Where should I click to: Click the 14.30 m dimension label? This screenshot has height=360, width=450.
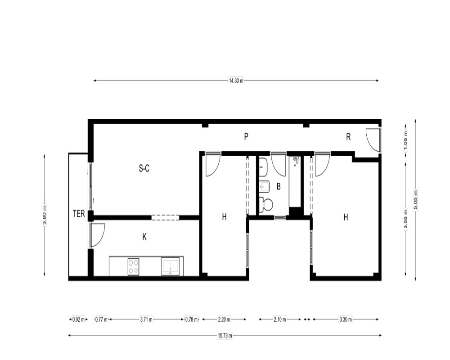click(x=236, y=81)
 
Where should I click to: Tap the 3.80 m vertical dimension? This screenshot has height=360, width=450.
click(x=44, y=215)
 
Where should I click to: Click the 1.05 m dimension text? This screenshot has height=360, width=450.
click(x=405, y=140)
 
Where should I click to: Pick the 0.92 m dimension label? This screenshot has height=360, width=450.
click(x=78, y=319)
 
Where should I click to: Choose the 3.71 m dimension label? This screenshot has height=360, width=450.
click(x=146, y=319)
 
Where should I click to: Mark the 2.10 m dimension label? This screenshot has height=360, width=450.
click(x=280, y=319)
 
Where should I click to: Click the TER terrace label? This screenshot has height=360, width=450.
click(x=79, y=214)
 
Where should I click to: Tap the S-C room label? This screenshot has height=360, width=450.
click(x=144, y=168)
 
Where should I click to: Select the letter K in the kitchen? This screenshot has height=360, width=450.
click(x=144, y=237)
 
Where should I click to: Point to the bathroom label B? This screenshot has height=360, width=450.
click(x=279, y=187)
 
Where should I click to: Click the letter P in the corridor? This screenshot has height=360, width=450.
click(x=246, y=137)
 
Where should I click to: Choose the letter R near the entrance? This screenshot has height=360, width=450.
click(x=348, y=137)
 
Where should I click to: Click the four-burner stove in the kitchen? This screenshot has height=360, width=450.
click(x=134, y=267)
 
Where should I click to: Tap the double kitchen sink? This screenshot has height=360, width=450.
click(x=171, y=267)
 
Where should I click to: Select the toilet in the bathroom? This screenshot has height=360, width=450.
click(x=266, y=205)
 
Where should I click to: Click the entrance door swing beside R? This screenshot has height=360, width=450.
click(x=373, y=139)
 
